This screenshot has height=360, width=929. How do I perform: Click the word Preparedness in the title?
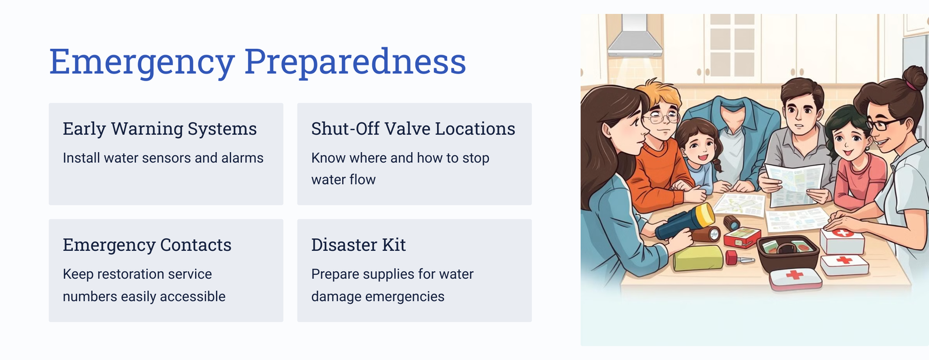click(x=355, y=62)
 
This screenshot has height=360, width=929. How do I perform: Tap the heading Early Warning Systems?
click(x=160, y=128)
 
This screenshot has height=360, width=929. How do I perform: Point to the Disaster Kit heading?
click(x=358, y=244)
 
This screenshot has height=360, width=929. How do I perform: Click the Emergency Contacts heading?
click(x=147, y=244)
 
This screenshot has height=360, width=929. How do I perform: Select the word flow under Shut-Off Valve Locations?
click(x=362, y=179)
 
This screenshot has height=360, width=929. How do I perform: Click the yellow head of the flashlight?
click(x=705, y=215)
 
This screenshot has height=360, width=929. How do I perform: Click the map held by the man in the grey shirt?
click(x=794, y=185)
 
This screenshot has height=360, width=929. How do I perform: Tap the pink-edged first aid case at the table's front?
click(x=795, y=279)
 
